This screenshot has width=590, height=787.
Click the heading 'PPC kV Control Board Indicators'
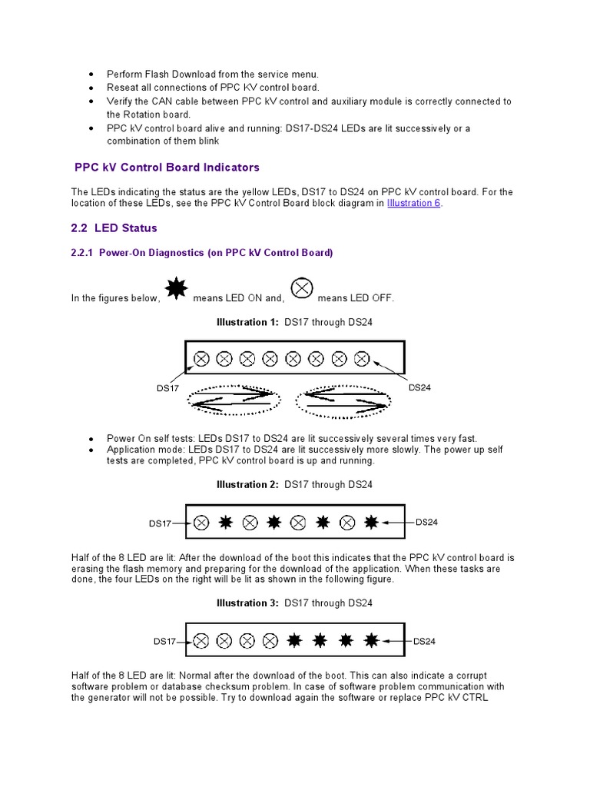167,167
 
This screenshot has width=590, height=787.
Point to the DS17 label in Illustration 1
167,388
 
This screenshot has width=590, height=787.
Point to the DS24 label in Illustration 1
419,387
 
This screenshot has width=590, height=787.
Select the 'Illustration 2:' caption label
247,484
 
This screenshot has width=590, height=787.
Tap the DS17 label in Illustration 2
160,523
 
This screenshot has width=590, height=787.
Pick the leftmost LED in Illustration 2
201,523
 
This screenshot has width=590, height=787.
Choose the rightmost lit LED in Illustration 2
371,523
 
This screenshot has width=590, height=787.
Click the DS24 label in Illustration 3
424,641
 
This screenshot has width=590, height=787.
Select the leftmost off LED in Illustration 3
201,640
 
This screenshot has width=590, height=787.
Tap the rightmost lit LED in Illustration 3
372,639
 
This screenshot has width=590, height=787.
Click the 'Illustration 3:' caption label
247,603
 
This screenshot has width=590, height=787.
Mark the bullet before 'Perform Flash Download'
91,75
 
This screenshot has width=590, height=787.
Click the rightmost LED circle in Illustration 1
363,358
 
